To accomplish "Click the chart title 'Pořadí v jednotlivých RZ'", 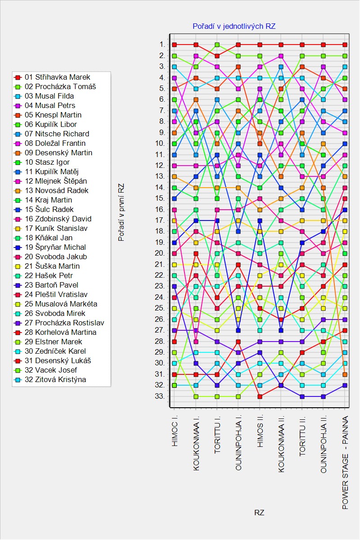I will (234, 26).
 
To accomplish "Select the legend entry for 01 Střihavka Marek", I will (58, 77).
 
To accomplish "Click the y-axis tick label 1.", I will (162, 45).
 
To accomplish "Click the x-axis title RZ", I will (259, 513).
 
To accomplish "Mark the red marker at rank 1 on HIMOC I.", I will (175, 45).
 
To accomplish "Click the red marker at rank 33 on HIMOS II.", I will (260, 396).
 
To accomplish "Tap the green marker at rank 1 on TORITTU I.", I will (217, 45).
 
